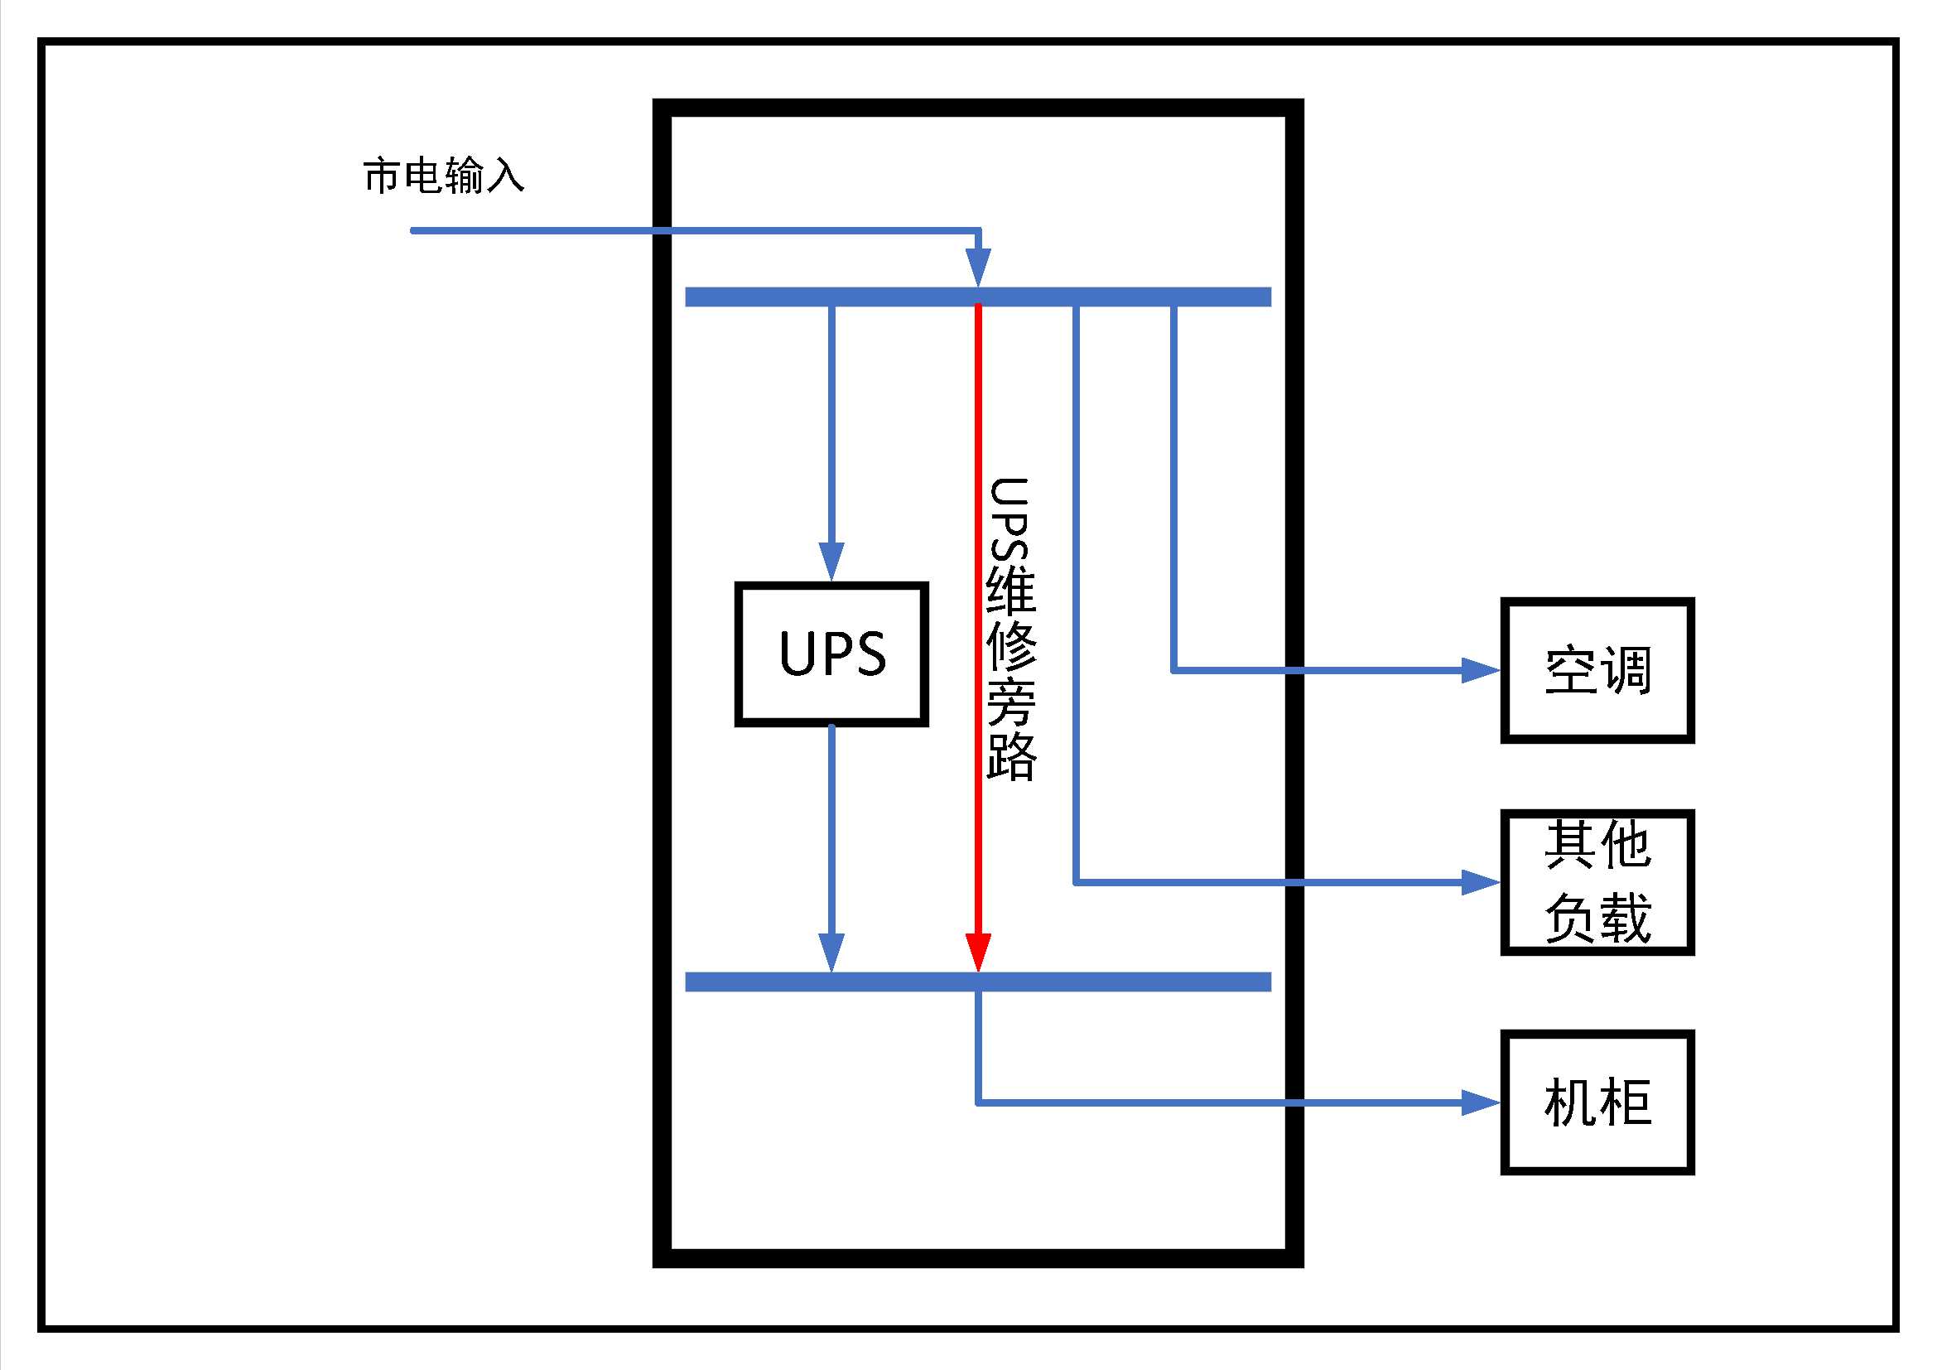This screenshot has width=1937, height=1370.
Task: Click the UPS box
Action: coord(831,654)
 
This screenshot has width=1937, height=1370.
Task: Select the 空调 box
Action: coord(1597,671)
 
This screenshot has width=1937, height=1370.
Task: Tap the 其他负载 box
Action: coord(1597,882)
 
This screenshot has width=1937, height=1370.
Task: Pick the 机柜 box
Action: coord(1597,1102)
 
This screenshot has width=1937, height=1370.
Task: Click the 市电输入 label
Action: coord(444,176)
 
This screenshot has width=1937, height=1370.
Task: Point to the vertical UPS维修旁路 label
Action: coord(1010,629)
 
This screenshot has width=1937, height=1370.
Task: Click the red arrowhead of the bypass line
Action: coord(978,953)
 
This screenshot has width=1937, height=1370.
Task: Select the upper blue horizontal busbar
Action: coord(978,297)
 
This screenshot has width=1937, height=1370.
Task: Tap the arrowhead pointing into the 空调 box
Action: coord(1481,671)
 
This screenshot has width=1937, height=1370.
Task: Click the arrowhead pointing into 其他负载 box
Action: coord(1481,882)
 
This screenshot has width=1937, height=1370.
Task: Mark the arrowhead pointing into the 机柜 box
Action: coord(1481,1102)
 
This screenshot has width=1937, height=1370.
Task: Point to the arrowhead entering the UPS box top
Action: coord(831,561)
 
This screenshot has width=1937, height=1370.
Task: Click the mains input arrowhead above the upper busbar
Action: coord(978,268)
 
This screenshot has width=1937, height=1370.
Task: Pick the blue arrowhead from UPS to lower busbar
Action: coord(831,953)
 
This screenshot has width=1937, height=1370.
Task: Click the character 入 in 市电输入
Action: coord(505,176)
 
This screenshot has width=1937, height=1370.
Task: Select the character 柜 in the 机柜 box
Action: coord(1625,1102)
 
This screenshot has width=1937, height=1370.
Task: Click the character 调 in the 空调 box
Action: coord(1625,671)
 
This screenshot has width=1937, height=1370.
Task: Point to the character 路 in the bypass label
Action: coord(1010,757)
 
